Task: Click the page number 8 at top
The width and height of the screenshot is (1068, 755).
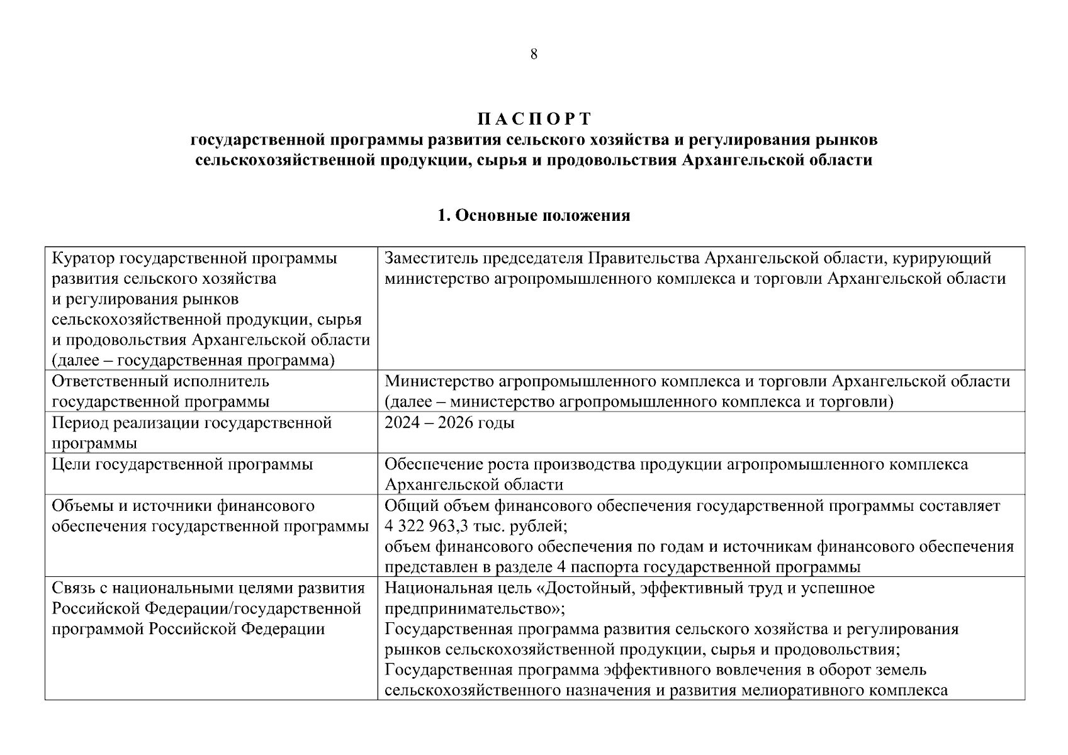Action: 534,54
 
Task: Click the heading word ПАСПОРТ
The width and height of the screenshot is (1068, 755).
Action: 534,119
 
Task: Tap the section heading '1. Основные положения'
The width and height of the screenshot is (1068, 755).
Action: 534,216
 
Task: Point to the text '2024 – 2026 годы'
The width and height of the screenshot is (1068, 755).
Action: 449,423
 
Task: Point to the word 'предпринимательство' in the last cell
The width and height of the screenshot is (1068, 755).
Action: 471,609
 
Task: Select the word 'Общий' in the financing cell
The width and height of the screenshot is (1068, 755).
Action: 405,506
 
